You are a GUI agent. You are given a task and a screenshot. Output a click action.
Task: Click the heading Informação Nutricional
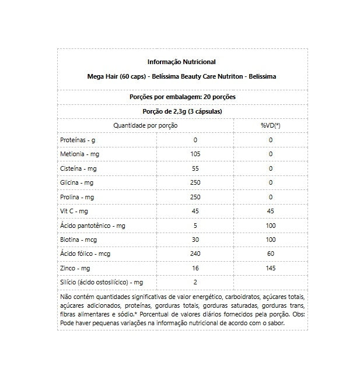click(181, 62)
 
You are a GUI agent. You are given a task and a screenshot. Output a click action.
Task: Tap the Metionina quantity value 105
click(195, 154)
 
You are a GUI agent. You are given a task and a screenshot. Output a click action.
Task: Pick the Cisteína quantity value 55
click(195, 168)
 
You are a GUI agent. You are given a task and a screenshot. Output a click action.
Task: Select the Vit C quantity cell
click(195, 211)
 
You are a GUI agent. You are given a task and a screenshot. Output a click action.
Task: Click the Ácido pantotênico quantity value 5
click(195, 225)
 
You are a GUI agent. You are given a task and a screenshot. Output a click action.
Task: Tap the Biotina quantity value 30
click(195, 240)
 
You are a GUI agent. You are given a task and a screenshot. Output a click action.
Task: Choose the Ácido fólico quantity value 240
click(195, 254)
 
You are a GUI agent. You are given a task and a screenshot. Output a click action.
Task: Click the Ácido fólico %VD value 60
click(270, 254)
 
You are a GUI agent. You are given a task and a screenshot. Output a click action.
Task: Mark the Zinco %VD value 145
click(270, 268)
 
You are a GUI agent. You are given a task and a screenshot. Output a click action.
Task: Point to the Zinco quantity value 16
click(195, 268)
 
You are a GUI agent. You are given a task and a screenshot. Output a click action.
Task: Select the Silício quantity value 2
click(195, 282)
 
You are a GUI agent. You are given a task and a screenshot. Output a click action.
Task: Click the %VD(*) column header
click(270, 125)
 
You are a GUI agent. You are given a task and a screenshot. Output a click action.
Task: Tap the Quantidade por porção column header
click(145, 125)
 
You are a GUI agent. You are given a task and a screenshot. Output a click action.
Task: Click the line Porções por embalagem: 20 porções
click(182, 97)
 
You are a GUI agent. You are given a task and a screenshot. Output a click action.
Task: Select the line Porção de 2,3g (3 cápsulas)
click(182, 111)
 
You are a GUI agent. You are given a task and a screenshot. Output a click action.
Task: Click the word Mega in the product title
click(93, 76)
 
